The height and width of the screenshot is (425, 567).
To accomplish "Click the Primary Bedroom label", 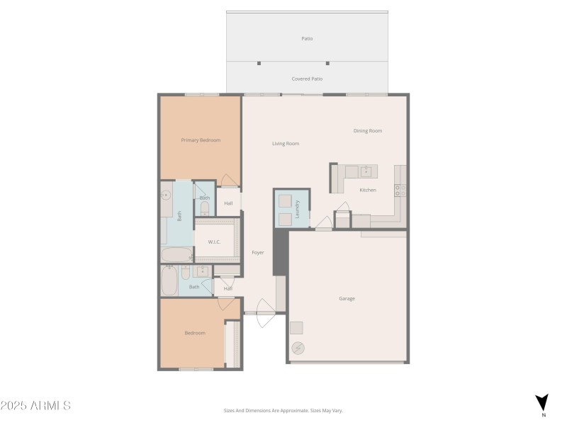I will [201, 140].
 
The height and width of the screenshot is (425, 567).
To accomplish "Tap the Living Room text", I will [286, 144].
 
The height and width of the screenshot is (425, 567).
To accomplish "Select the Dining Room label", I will [368, 130].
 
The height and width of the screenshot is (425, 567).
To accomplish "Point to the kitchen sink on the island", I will [366, 171].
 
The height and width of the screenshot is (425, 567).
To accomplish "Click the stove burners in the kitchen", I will [400, 190].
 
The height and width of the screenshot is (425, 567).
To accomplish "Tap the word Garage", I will [347, 299].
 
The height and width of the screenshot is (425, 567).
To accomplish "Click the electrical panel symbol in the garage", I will [297, 347].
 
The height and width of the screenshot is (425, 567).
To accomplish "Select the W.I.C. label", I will [215, 242].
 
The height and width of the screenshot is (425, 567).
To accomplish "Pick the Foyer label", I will [258, 252].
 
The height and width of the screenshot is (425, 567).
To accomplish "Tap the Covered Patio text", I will [307, 79].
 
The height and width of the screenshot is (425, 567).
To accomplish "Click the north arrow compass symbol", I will [541, 402].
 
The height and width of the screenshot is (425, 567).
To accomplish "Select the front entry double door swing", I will [262, 315].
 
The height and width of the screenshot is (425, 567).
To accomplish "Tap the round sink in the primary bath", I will [167, 195].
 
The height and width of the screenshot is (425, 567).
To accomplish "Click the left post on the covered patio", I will [259, 62].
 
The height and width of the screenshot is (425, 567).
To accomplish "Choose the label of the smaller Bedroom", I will [195, 333].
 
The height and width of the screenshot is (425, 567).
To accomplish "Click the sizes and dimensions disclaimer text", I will [283, 410].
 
